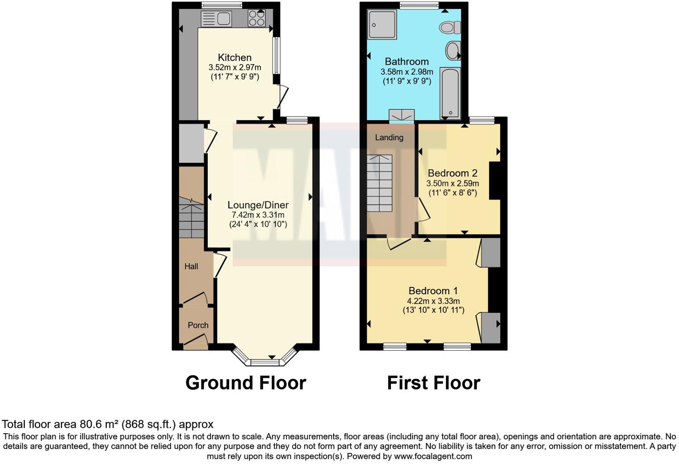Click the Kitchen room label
[235, 58]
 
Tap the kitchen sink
[216, 19]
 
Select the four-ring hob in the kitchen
[256, 18]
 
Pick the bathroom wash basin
[453, 50]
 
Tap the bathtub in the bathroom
[450, 94]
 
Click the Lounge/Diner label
[258, 205]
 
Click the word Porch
[198, 325]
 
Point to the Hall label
[191, 266]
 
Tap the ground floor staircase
[192, 219]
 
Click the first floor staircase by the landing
[380, 183]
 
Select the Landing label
[389, 137]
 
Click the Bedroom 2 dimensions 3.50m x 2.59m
[453, 183]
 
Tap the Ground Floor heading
[246, 383]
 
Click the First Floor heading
[433, 383]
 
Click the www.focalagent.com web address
[432, 456]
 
